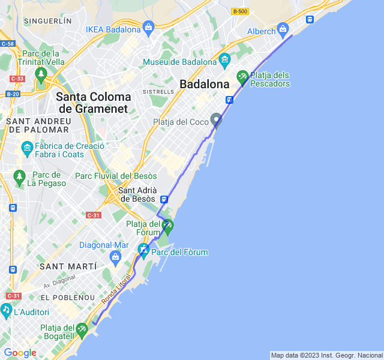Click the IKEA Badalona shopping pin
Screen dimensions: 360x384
click(149, 27)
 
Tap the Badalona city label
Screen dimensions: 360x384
click(205, 84)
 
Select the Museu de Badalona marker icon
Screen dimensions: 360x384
click(225, 59)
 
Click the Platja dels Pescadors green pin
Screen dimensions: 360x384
click(242, 77)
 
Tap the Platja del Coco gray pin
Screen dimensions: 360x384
click(216, 120)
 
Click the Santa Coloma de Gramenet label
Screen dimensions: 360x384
click(93, 103)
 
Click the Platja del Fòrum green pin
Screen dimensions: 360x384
click(167, 226)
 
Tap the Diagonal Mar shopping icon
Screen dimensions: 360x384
click(116, 257)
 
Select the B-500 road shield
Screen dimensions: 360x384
click(240, 11)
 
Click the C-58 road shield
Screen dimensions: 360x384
click(8, 44)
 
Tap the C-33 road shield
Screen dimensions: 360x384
click(17, 79)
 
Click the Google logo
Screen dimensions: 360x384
click(20, 353)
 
